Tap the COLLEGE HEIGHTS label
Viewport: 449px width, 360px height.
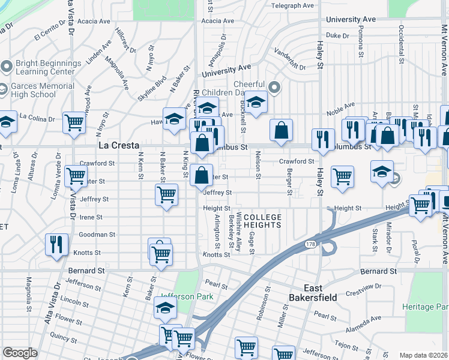point(262,221)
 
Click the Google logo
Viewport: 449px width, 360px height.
point(19,353)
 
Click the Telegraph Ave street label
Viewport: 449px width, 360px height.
point(293,5)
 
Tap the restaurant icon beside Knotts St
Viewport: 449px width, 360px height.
point(56,244)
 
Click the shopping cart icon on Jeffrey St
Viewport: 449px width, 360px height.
point(166,194)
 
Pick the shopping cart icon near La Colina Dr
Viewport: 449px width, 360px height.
point(74,122)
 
